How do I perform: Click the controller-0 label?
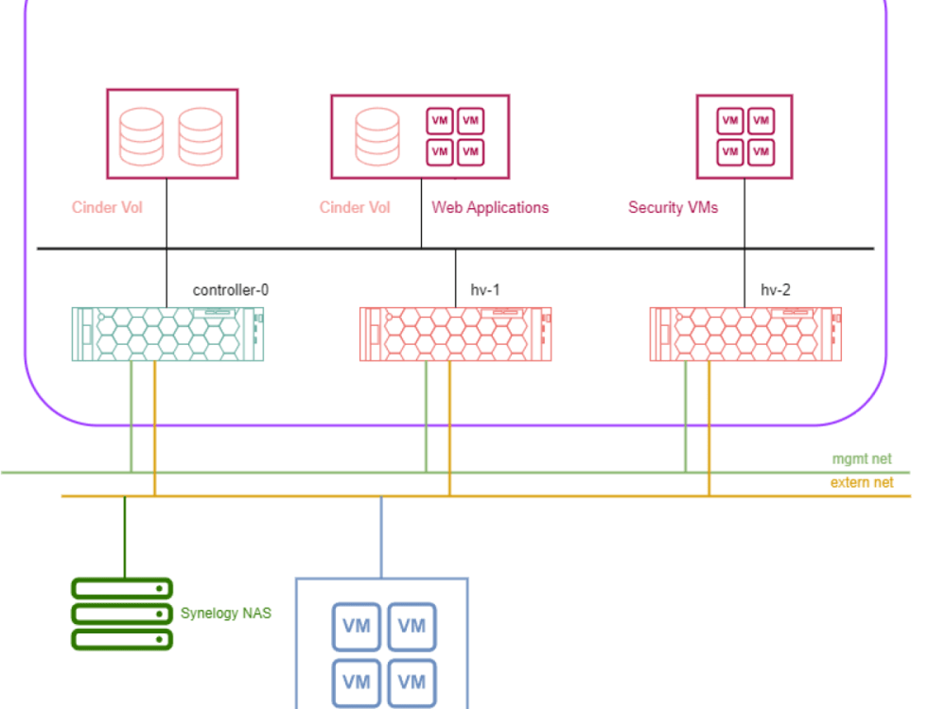[230, 290]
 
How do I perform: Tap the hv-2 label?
[776, 290]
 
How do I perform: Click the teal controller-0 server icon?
[167, 334]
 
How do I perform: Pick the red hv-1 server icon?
[455, 334]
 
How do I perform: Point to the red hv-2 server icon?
[745, 334]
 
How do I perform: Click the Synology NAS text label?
[226, 614]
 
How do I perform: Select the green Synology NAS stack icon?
[122, 614]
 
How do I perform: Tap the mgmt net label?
[861, 459]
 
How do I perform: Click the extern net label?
[861, 483]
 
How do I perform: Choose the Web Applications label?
[490, 207]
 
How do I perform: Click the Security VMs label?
[673, 207]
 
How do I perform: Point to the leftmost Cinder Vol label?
[107, 207]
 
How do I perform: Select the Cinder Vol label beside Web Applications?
[355, 207]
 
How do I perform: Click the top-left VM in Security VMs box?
[728, 121]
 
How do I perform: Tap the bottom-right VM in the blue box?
[412, 682]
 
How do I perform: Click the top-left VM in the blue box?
[356, 627]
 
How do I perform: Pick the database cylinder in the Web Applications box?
[377, 136]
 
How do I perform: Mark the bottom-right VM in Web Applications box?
[470, 151]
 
